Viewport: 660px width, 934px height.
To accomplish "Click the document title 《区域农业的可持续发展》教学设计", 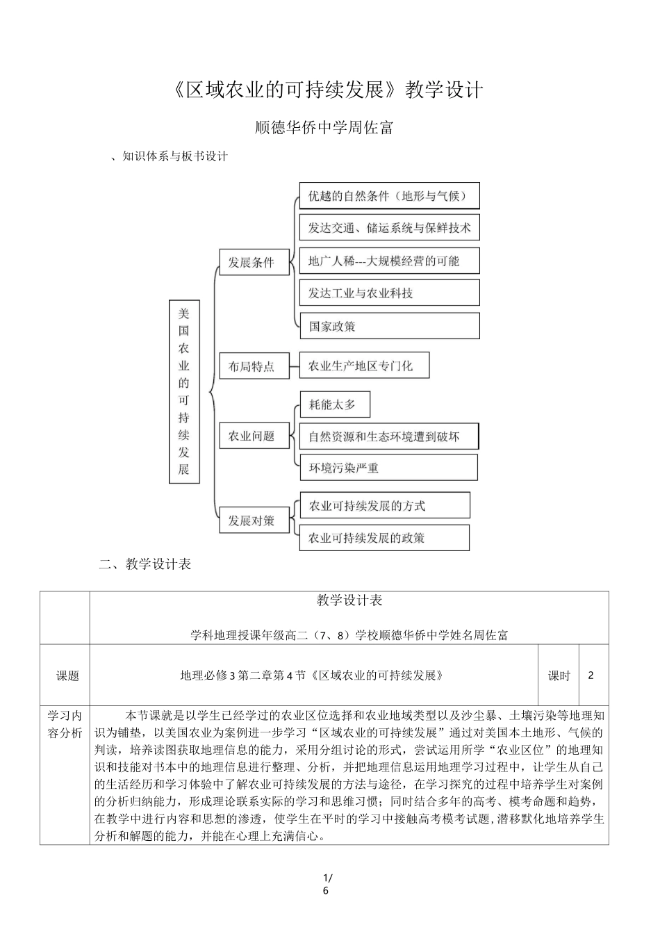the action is pyautogui.click(x=326, y=90).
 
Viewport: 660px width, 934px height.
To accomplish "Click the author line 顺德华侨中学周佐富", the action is pyautogui.click(x=324, y=128).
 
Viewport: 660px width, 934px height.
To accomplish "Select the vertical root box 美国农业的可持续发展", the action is pyautogui.click(x=183, y=391).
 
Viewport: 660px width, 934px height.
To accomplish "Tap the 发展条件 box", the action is pyautogui.click(x=254, y=262).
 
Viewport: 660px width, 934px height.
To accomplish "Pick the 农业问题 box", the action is pyautogui.click(x=254, y=436).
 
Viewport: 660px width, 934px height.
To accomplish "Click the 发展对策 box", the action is pyautogui.click(x=254, y=521).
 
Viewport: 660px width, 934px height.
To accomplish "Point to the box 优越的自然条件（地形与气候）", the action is pyautogui.click(x=389, y=196).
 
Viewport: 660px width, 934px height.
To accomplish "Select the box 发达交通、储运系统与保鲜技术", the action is pyautogui.click(x=389, y=228).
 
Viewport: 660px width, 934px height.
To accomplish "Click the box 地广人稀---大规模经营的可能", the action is pyautogui.click(x=389, y=261).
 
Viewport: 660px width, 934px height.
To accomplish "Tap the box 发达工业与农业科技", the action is pyautogui.click(x=389, y=293).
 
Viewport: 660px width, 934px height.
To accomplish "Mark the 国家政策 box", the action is pyautogui.click(x=389, y=326).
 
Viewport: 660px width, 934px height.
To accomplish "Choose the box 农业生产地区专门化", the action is pyautogui.click(x=364, y=366).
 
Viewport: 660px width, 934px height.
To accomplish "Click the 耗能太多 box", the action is pyautogui.click(x=334, y=404).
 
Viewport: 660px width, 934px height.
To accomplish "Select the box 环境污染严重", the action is pyautogui.click(x=388, y=468).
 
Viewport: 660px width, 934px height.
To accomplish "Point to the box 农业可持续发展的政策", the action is pyautogui.click(x=384, y=538).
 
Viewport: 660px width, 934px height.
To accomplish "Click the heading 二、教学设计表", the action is pyautogui.click(x=145, y=564).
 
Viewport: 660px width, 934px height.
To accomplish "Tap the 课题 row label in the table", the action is pyautogui.click(x=67, y=675).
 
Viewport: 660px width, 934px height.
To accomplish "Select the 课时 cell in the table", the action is pyautogui.click(x=559, y=675).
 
